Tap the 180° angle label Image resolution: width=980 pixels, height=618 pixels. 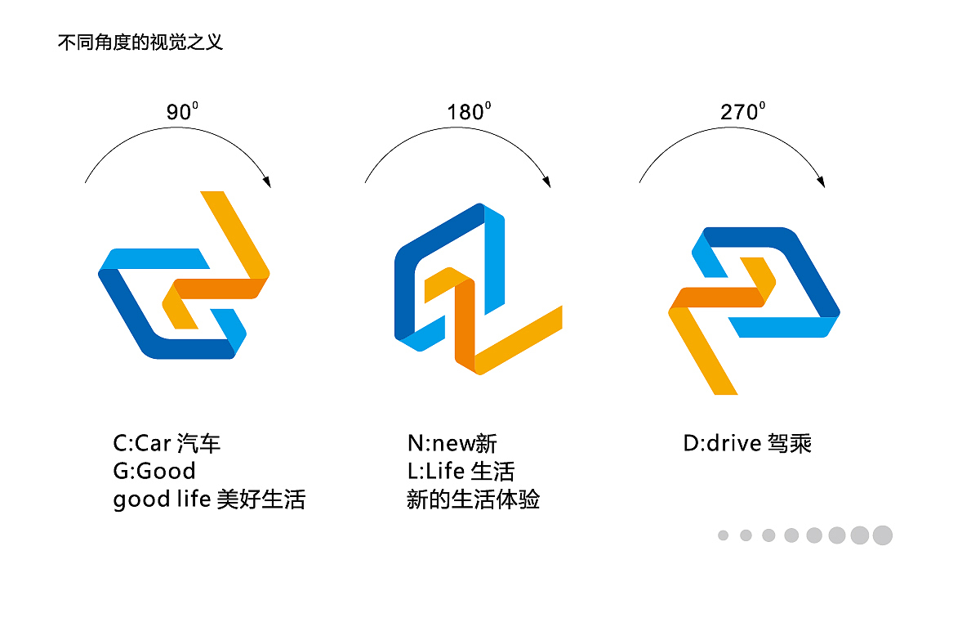469,112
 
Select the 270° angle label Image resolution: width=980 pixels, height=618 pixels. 742,112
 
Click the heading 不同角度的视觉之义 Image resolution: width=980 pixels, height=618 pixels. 140,43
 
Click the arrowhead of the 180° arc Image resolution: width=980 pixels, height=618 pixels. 546,180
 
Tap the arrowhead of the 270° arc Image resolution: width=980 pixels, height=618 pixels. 822,180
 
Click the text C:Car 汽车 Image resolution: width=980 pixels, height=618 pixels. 167,444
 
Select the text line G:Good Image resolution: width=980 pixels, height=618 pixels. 154,472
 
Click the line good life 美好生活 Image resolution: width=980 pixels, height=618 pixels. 209,499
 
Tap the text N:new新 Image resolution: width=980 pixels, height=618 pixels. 452,444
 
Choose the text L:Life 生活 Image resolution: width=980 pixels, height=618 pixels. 461,472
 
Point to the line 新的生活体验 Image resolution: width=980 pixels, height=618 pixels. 473,499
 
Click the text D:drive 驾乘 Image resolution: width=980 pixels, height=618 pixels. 747,444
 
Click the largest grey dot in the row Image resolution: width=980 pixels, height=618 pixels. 882,535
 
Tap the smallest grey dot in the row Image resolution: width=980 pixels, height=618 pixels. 723,535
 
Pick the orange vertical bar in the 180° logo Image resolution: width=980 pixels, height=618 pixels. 465,327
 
